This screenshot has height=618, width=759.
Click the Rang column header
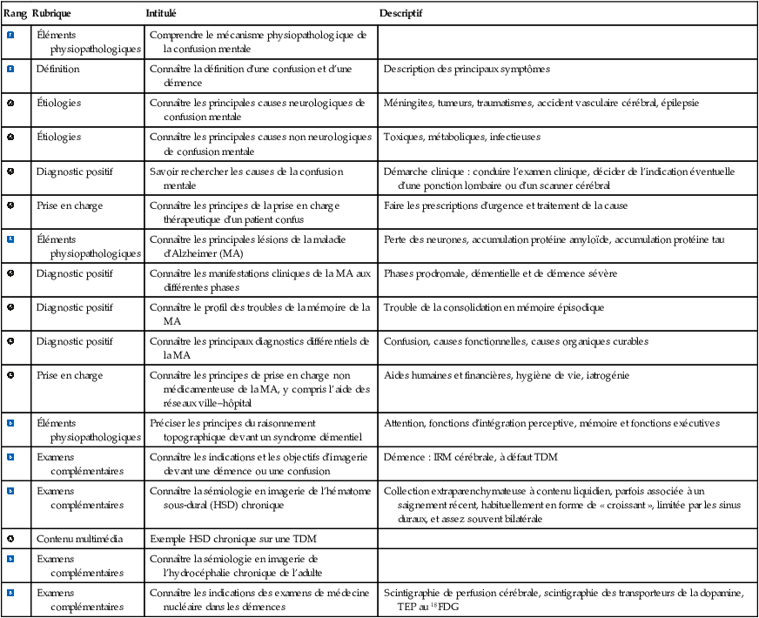tap(15, 15)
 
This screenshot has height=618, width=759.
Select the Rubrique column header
tap(52, 15)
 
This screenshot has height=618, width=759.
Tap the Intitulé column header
tap(162, 15)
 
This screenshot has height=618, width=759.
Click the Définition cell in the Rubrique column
tap(57, 69)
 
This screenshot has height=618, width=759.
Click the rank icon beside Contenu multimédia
tap(10, 538)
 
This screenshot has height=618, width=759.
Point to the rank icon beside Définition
tap(10, 69)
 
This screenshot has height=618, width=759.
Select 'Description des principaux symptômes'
tap(467, 69)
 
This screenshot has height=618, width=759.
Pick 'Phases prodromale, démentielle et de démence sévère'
tap(500, 273)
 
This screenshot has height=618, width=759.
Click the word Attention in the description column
tap(404, 423)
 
